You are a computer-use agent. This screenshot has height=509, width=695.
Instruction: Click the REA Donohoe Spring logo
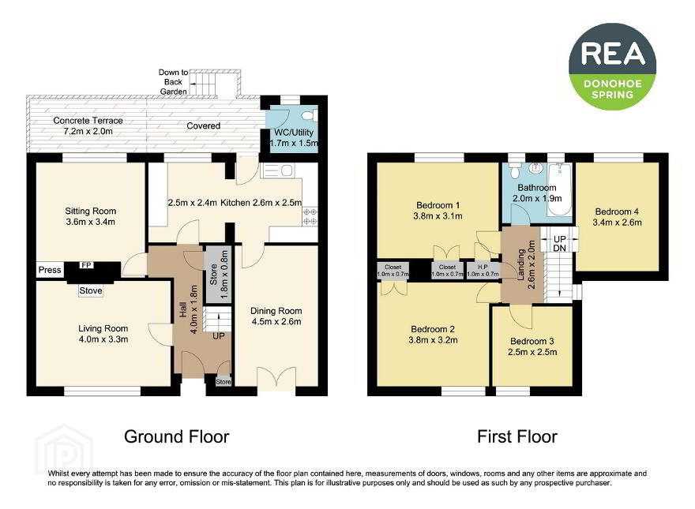[x=612, y=67]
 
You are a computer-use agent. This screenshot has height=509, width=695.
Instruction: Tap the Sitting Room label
[x=90, y=211]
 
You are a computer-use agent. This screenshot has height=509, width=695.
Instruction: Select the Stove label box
[x=90, y=290]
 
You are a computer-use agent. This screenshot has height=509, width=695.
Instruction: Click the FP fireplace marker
[x=86, y=265]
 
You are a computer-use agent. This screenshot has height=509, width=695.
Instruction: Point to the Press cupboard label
[x=50, y=270]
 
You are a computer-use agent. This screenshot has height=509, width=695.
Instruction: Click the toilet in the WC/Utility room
[x=307, y=116]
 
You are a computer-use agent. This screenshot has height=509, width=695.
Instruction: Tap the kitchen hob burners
[x=310, y=216]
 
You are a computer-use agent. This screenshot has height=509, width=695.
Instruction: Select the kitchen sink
[x=277, y=170]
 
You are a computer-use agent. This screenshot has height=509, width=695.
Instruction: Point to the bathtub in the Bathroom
[x=559, y=189]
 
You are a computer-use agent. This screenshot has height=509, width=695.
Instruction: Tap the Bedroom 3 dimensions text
[x=532, y=352]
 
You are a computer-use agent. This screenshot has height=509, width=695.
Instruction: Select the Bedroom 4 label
[x=617, y=211]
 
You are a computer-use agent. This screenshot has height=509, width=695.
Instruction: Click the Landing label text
[x=521, y=264]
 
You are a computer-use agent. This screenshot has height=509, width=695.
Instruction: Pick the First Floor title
[x=517, y=436]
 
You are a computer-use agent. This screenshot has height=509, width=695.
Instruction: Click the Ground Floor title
[x=176, y=436]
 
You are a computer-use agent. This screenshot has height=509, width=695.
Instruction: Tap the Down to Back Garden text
[x=173, y=82]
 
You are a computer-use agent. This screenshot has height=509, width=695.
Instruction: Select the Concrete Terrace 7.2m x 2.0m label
[x=88, y=125]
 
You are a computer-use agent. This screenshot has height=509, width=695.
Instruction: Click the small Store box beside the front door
[x=224, y=381]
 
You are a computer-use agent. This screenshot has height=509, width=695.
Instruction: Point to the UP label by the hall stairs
[x=219, y=336]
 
